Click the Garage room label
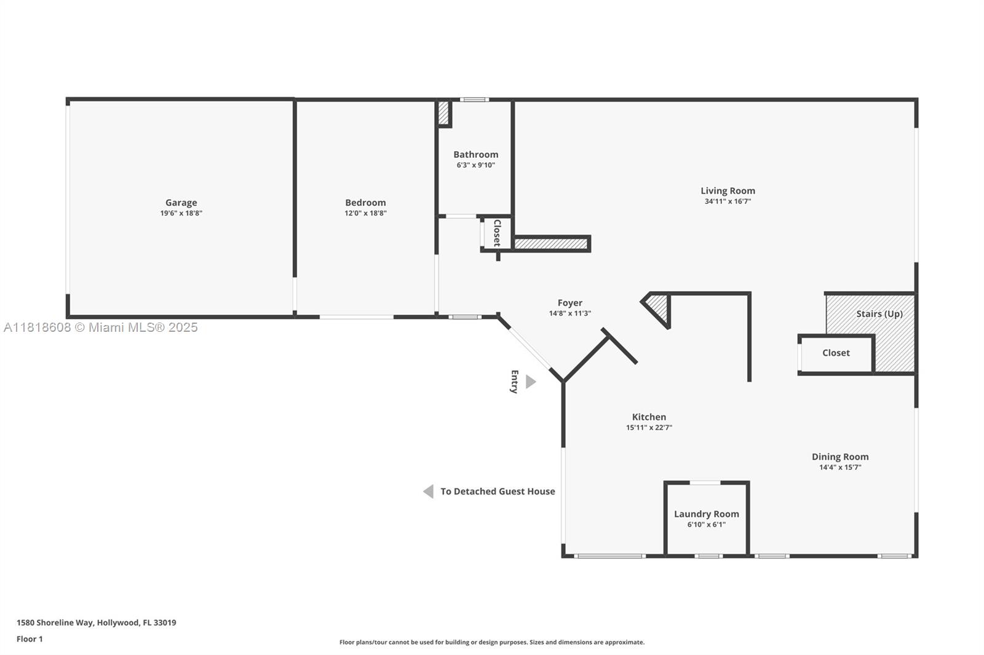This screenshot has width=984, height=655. (x=181, y=202)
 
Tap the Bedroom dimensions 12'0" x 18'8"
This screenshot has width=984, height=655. (x=365, y=213)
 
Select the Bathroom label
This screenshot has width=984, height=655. (x=476, y=154)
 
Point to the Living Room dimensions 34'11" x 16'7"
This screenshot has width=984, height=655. (x=728, y=202)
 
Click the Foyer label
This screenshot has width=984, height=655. (x=569, y=303)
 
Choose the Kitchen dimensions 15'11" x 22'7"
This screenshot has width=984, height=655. (x=649, y=428)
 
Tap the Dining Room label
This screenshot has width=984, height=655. (x=840, y=457)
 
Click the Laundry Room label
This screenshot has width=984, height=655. (x=707, y=514)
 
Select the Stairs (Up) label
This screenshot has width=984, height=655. (x=879, y=314)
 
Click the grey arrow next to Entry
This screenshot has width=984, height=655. (x=531, y=382)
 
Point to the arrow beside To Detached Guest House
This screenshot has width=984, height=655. (x=428, y=492)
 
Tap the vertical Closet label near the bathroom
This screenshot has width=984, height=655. (x=498, y=233)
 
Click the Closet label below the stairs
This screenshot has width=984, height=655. (x=836, y=353)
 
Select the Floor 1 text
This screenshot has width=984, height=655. (x=30, y=639)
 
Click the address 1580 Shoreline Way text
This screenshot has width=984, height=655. (x=55, y=622)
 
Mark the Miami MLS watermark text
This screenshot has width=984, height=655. (x=101, y=327)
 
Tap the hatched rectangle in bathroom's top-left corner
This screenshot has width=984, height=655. (x=443, y=113)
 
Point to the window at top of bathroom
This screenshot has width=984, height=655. (x=474, y=100)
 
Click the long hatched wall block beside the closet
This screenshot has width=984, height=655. (x=551, y=244)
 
